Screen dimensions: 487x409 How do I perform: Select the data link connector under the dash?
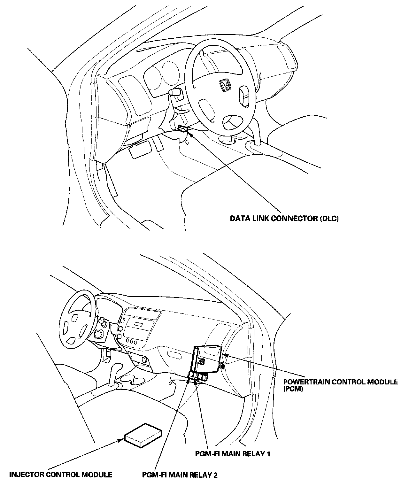[183, 128]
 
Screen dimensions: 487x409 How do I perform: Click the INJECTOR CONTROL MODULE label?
[61, 475]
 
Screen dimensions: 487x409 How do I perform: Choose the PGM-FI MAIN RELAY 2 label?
[180, 475]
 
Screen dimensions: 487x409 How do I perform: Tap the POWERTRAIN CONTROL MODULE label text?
[341, 382]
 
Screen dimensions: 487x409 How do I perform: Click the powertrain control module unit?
[207, 359]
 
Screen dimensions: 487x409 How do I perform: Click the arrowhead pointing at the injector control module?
[121, 440]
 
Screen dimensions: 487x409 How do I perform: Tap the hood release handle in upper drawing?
[140, 149]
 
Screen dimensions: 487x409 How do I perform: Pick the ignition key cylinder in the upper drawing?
[175, 92]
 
